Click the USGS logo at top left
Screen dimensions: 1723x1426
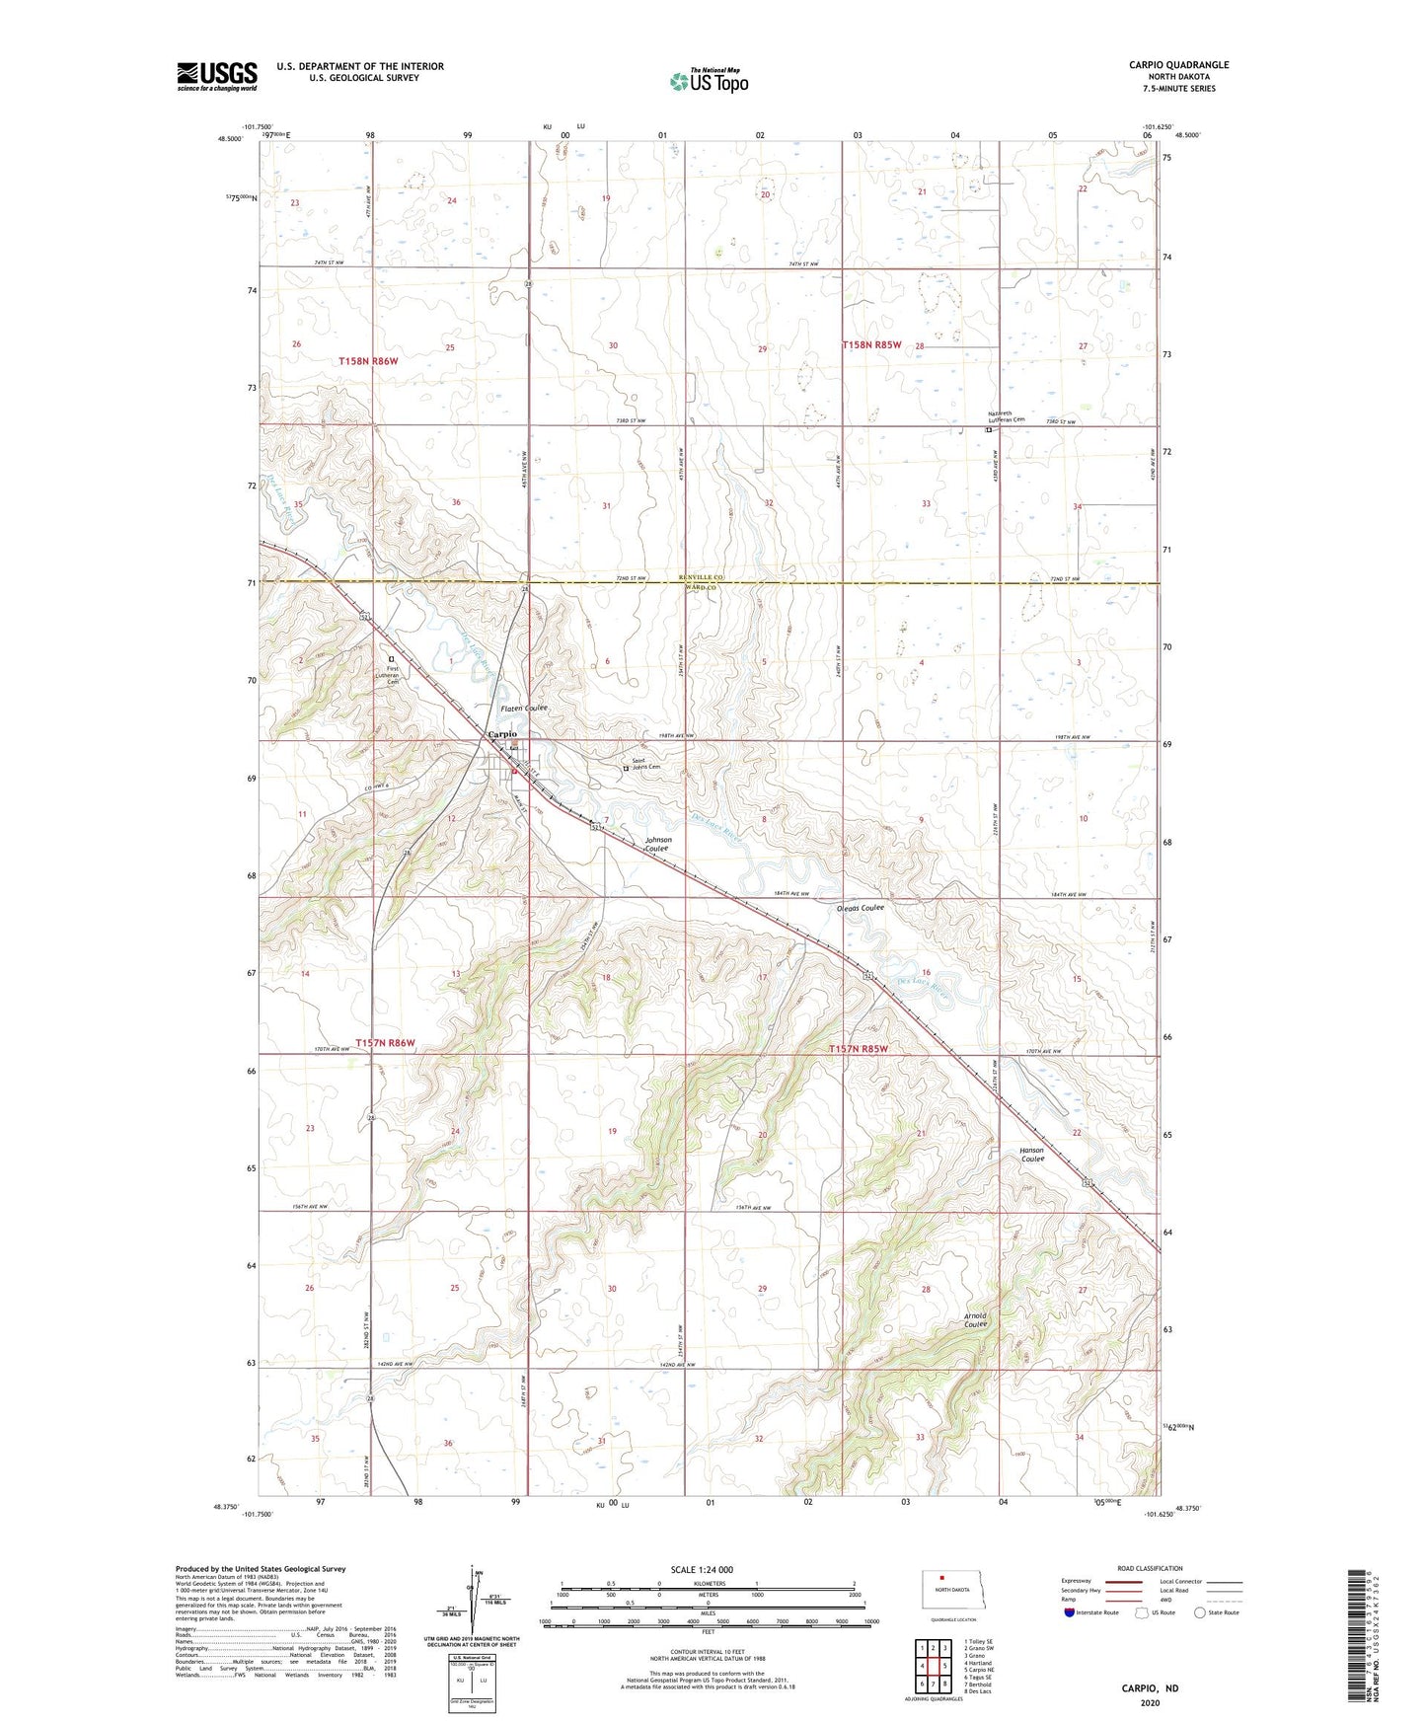(x=217, y=76)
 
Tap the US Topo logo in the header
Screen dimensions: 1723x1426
(x=709, y=81)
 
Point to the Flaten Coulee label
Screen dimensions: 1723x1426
(x=523, y=709)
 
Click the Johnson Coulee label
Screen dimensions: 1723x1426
(x=658, y=844)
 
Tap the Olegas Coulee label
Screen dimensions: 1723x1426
(x=859, y=907)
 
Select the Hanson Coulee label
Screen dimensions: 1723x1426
(x=1032, y=1155)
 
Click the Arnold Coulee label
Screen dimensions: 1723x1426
(x=975, y=1319)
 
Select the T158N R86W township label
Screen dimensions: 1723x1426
(x=374, y=361)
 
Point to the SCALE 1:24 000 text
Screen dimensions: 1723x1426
(x=701, y=1569)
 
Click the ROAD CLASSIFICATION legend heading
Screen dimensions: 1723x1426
(x=1150, y=1568)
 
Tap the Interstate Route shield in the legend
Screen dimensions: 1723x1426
(x=1070, y=1612)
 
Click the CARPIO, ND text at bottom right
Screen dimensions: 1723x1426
(x=1150, y=1688)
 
